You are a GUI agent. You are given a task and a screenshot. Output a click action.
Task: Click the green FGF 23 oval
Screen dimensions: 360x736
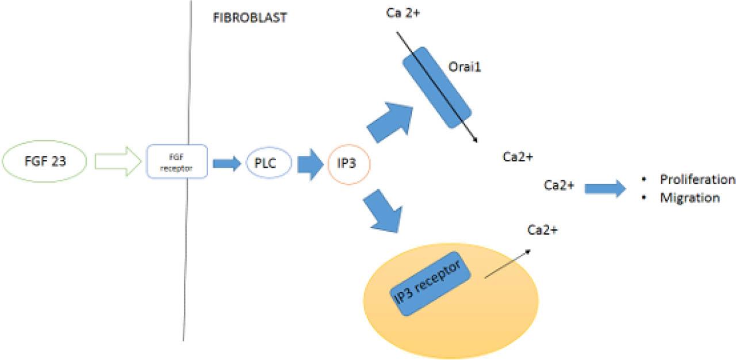(x=45, y=162)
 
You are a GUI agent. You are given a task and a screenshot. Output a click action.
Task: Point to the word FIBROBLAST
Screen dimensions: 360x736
(x=249, y=17)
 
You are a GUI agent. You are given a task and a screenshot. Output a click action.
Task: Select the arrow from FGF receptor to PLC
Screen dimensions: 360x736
(x=227, y=163)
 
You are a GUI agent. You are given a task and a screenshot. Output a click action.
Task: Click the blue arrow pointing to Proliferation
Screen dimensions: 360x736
(x=605, y=187)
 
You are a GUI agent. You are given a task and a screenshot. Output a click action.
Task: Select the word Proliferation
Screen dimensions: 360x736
(x=697, y=179)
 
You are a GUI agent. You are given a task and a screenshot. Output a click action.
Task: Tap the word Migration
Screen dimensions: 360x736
(x=689, y=198)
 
